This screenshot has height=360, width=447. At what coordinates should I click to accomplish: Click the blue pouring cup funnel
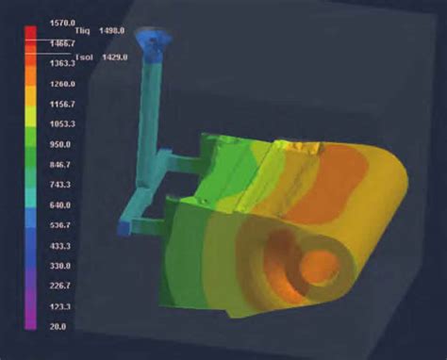pyautogui.click(x=152, y=39)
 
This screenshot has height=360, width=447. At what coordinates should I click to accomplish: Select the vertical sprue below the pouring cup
pyautogui.click(x=148, y=113)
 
